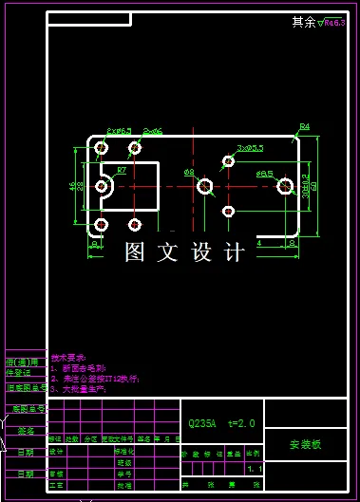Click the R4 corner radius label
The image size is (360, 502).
(305, 126)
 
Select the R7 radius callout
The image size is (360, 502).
(122, 170)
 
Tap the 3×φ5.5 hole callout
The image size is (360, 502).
(251, 148)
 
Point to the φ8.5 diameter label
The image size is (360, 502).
(264, 175)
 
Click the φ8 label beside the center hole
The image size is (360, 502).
(189, 172)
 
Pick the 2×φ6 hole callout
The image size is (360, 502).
(149, 131)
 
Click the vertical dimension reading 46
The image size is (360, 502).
(73, 186)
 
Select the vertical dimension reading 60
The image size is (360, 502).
(314, 187)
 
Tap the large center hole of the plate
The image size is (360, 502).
(204, 187)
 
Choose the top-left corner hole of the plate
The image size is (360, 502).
(102, 149)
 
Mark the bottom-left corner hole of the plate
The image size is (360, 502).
(102, 225)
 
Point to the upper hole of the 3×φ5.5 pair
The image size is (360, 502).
(228, 161)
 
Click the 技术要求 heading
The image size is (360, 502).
(68, 357)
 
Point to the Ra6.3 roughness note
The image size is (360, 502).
(333, 22)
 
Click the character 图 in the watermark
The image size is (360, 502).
(135, 252)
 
